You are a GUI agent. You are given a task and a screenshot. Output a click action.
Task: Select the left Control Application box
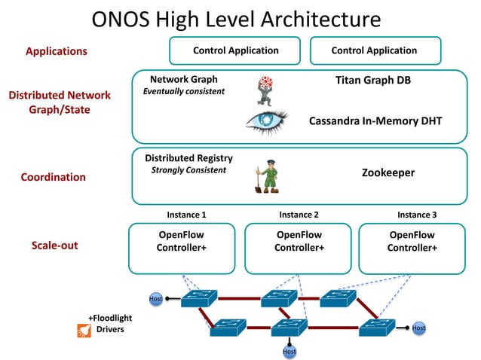click(x=235, y=51)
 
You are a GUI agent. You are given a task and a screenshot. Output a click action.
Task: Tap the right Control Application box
click(x=374, y=51)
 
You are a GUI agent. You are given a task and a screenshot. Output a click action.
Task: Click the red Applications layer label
click(x=57, y=52)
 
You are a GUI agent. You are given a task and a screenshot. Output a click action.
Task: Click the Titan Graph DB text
click(x=374, y=80)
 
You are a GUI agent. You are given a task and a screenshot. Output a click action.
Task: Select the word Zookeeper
click(x=389, y=173)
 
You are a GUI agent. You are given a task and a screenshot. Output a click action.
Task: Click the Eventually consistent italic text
click(x=184, y=92)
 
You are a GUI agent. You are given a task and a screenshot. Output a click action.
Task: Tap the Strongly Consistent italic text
click(x=188, y=170)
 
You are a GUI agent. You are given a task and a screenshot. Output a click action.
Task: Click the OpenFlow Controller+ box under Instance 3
click(x=412, y=247)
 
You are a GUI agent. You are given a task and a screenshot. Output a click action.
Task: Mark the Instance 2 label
click(x=299, y=215)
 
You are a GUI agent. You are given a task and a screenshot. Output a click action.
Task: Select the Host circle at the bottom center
click(x=289, y=351)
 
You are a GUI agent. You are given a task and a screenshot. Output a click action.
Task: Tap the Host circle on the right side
click(x=418, y=328)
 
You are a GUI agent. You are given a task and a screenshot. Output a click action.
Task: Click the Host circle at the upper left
click(x=155, y=299)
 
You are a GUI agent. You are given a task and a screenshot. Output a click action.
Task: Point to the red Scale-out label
click(x=54, y=246)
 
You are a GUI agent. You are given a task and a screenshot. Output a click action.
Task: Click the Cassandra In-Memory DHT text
click(x=375, y=121)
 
